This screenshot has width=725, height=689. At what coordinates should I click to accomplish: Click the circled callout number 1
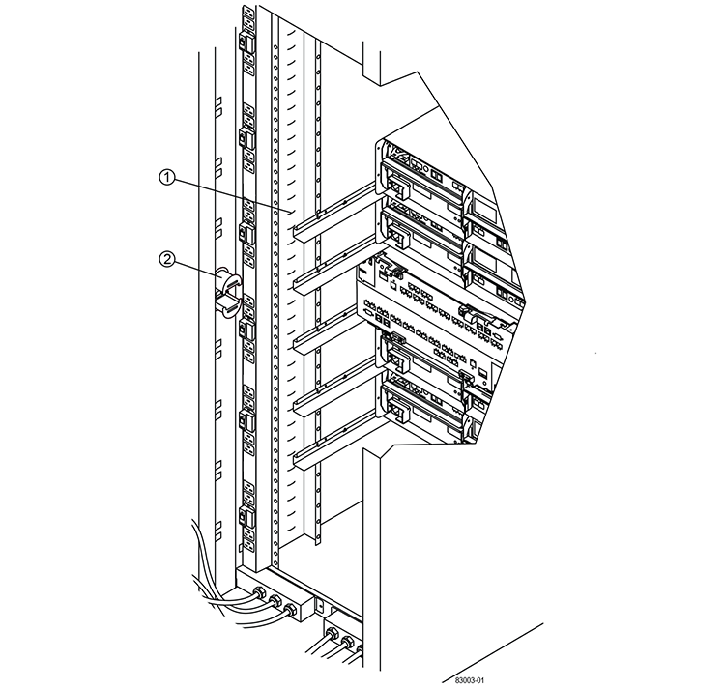point(167,177)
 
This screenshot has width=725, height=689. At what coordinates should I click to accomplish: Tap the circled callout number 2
point(167,258)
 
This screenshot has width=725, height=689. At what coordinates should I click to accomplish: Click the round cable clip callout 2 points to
point(226,290)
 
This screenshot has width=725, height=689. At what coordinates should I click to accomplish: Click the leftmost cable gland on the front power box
point(259,595)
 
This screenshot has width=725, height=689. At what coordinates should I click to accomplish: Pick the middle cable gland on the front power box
point(275,603)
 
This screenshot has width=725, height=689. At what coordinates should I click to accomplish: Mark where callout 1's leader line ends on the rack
point(290,210)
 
